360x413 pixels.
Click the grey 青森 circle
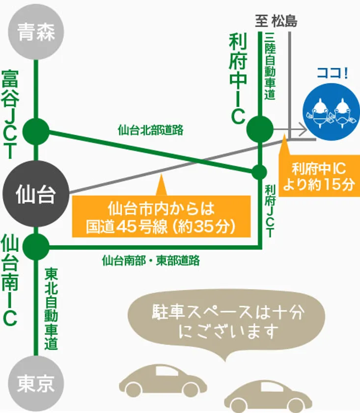36,32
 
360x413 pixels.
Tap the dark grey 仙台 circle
36,194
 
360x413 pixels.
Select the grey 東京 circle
36,383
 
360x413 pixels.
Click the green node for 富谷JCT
36,131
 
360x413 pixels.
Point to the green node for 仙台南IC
36,247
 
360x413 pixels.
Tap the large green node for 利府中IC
260,129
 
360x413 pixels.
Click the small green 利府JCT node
259,172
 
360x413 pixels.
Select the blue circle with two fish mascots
332,112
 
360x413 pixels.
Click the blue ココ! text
332,73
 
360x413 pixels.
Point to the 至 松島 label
277,21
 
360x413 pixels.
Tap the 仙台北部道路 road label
150,130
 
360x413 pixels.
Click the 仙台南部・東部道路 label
151,261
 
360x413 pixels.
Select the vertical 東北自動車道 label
51,309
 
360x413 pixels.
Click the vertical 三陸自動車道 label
270,66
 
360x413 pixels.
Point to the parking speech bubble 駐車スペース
226,322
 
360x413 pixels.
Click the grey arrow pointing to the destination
290,129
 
